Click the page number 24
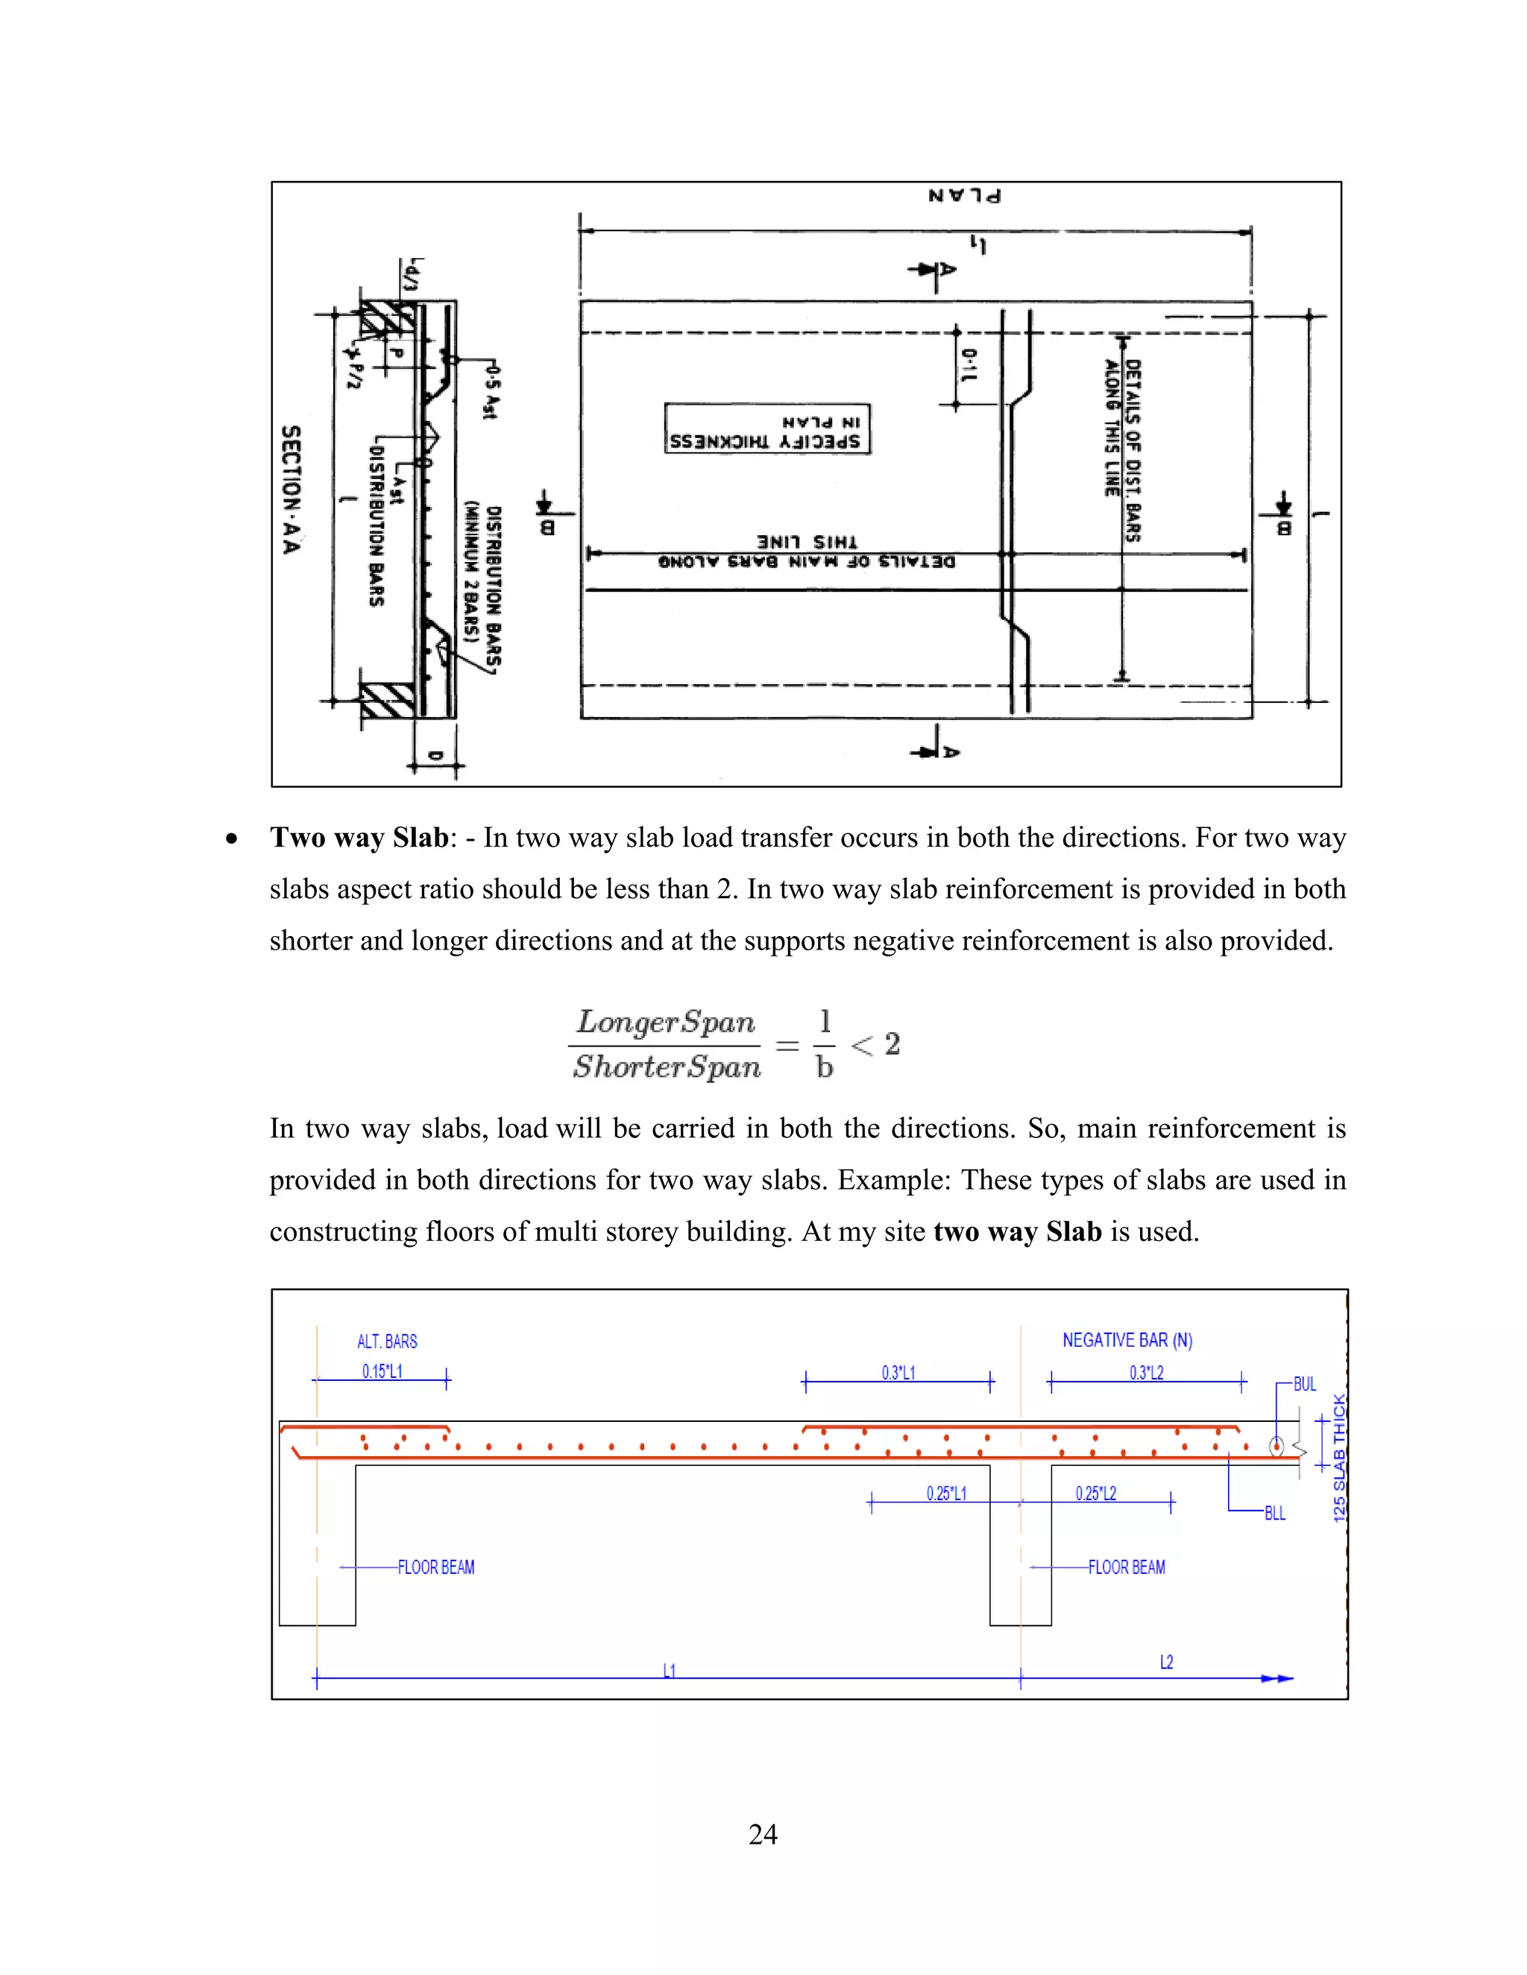(763, 1834)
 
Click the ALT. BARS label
(387, 1341)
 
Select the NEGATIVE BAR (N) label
(1127, 1340)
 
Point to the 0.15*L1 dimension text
(382, 1371)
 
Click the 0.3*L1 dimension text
(898, 1373)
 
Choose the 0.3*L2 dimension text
(1146, 1373)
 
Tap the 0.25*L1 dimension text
(946, 1493)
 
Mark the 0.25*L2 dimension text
(1095, 1493)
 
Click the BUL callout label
(1305, 1383)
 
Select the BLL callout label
(1274, 1513)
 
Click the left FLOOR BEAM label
(436, 1567)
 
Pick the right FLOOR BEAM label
(1127, 1567)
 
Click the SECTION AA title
(290, 489)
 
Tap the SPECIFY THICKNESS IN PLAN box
(767, 429)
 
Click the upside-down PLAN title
(964, 195)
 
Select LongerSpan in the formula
(666, 1022)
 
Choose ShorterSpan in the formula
(667, 1067)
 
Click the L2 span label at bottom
(1166, 1662)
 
